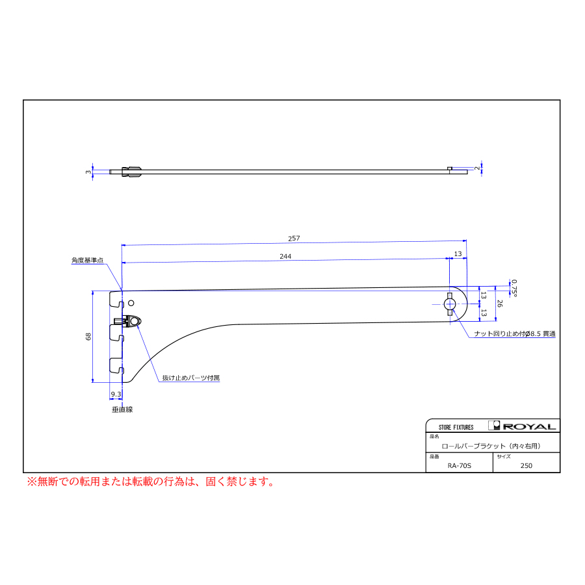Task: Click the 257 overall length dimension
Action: click(x=294, y=239)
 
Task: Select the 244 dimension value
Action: click(x=285, y=256)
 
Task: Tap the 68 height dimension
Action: click(x=88, y=337)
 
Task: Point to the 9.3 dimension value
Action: click(x=116, y=395)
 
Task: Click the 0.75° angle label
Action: click(x=514, y=288)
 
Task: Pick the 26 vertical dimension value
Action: click(x=500, y=304)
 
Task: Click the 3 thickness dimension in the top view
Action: click(x=88, y=172)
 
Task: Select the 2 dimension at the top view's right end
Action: click(x=477, y=168)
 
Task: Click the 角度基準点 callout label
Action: click(x=87, y=261)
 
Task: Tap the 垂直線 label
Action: click(x=122, y=409)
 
